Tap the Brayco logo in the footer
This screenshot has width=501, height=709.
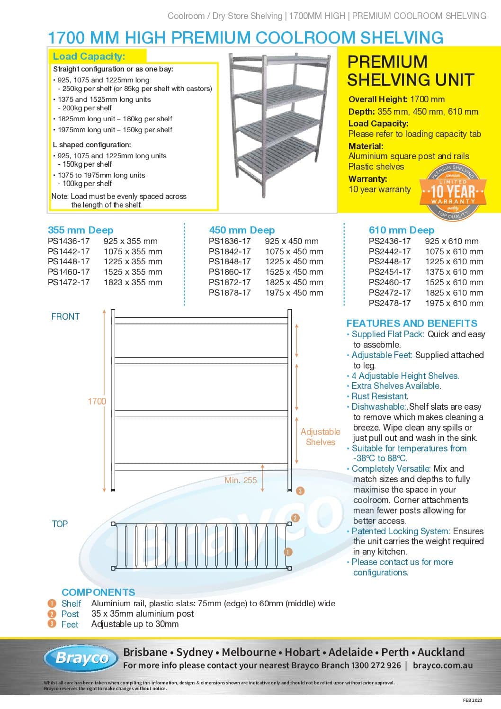point(82,658)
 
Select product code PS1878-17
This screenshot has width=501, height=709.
point(230,293)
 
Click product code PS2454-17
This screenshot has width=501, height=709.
point(390,272)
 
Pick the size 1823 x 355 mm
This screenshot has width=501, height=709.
point(133,282)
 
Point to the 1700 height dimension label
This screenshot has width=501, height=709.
point(97,401)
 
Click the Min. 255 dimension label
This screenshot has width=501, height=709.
point(241,480)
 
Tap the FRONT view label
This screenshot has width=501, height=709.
point(65,316)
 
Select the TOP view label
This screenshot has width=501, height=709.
point(60,524)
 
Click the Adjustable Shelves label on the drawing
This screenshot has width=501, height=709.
point(321,437)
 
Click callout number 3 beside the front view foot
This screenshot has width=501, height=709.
point(300,491)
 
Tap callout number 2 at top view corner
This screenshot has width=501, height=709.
point(295,518)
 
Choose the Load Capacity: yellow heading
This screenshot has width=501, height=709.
point(89,56)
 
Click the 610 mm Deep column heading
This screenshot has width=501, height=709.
point(402,230)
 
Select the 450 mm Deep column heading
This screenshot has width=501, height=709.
point(242,230)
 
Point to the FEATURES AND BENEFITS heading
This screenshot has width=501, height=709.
point(412,323)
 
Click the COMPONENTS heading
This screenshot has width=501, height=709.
point(98,592)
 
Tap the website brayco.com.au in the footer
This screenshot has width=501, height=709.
point(443,665)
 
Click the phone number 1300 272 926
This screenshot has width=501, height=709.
point(376,665)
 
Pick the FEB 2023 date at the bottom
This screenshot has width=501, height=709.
point(473,700)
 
